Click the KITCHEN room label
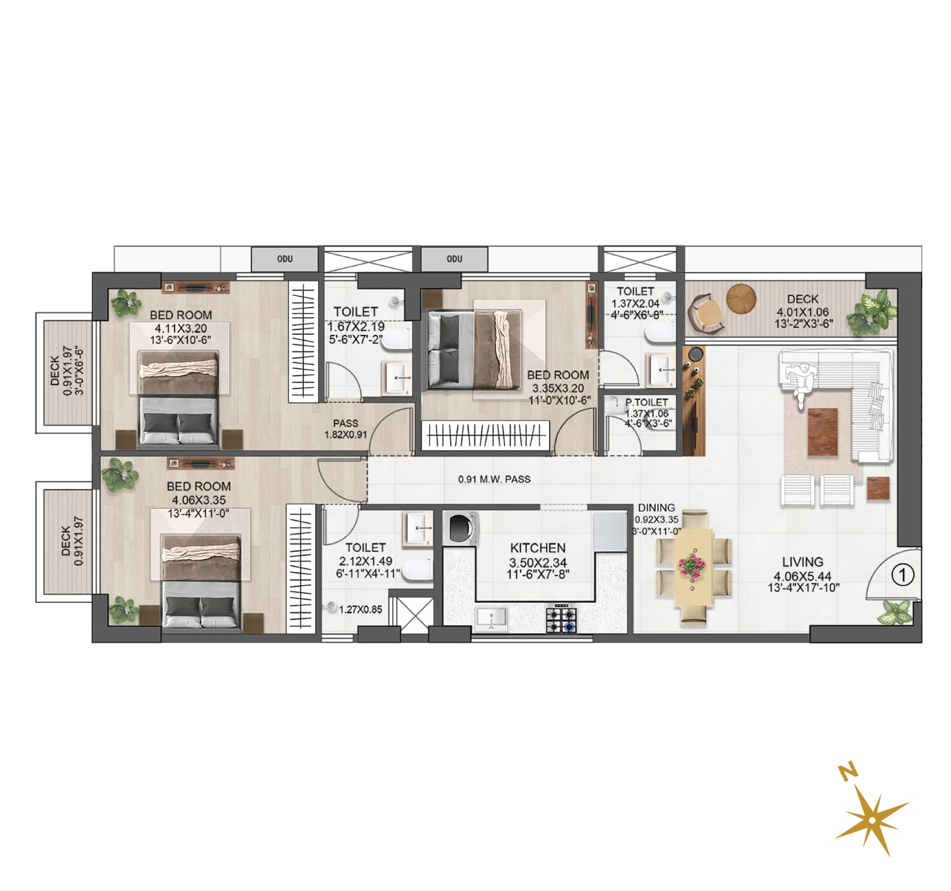(x=538, y=548)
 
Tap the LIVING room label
(x=802, y=562)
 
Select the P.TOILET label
(x=647, y=403)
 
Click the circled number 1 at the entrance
(x=903, y=574)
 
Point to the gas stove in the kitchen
(x=562, y=619)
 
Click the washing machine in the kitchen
(x=460, y=528)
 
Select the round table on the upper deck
(x=741, y=299)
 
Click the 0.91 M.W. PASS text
(x=494, y=479)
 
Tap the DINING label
(x=657, y=507)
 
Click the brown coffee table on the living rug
(x=823, y=432)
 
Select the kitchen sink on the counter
(x=491, y=617)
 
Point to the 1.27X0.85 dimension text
(x=361, y=610)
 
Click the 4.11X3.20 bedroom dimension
(x=181, y=329)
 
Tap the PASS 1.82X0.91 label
(x=346, y=428)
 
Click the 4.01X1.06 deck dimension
(x=802, y=312)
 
